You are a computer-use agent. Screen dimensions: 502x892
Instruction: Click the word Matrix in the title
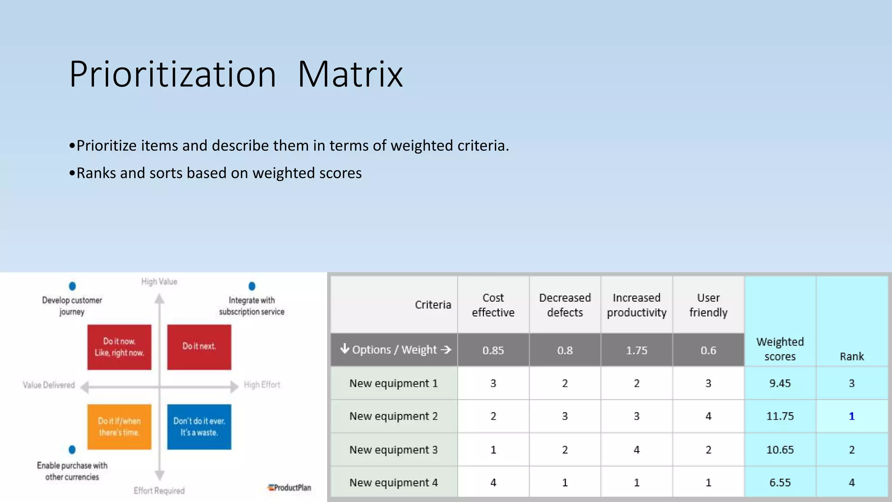(350, 75)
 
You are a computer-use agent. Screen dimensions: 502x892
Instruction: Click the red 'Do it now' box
(119, 347)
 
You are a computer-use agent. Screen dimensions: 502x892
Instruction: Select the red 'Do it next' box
(199, 347)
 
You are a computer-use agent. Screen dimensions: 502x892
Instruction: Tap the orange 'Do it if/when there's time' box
(119, 427)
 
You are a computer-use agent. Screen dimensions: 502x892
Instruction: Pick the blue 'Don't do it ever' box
(199, 427)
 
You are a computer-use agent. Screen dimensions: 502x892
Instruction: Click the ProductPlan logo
(290, 488)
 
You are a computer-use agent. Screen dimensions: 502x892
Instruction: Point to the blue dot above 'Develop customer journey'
(72, 286)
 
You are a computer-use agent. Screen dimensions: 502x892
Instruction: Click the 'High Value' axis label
(159, 282)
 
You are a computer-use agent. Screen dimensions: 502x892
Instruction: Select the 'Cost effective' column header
(493, 305)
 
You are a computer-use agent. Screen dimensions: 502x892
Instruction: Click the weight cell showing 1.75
(636, 350)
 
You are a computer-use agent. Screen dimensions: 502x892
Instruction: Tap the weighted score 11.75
(780, 416)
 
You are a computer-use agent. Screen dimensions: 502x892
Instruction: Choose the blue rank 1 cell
(851, 416)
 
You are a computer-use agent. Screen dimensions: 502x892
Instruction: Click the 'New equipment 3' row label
(393, 450)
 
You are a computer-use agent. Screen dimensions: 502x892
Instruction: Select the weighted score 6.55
(780, 482)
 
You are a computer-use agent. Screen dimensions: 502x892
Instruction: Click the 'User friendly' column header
(708, 305)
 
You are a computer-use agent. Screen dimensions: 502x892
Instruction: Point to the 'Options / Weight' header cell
(394, 350)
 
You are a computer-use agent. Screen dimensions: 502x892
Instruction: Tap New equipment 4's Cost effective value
(493, 482)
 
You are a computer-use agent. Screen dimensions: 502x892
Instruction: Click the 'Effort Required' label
(159, 491)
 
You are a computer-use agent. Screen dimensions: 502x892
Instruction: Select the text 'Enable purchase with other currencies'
(72, 471)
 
